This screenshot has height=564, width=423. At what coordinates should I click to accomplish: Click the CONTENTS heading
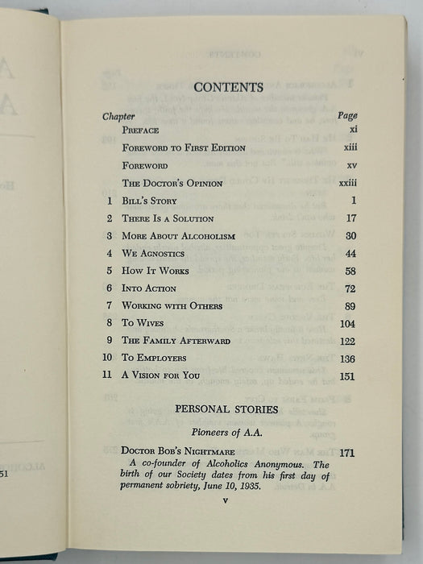coord(228,87)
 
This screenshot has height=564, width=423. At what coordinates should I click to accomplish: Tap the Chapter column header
coord(118,116)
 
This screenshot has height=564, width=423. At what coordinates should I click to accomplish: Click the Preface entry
coord(140,130)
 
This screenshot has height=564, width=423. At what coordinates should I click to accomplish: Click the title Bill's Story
coord(149,201)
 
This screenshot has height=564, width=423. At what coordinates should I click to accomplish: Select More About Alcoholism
coord(178,236)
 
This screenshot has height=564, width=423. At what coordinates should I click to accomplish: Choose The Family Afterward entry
coord(176,341)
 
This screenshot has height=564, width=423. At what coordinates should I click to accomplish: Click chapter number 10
coord(106,359)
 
